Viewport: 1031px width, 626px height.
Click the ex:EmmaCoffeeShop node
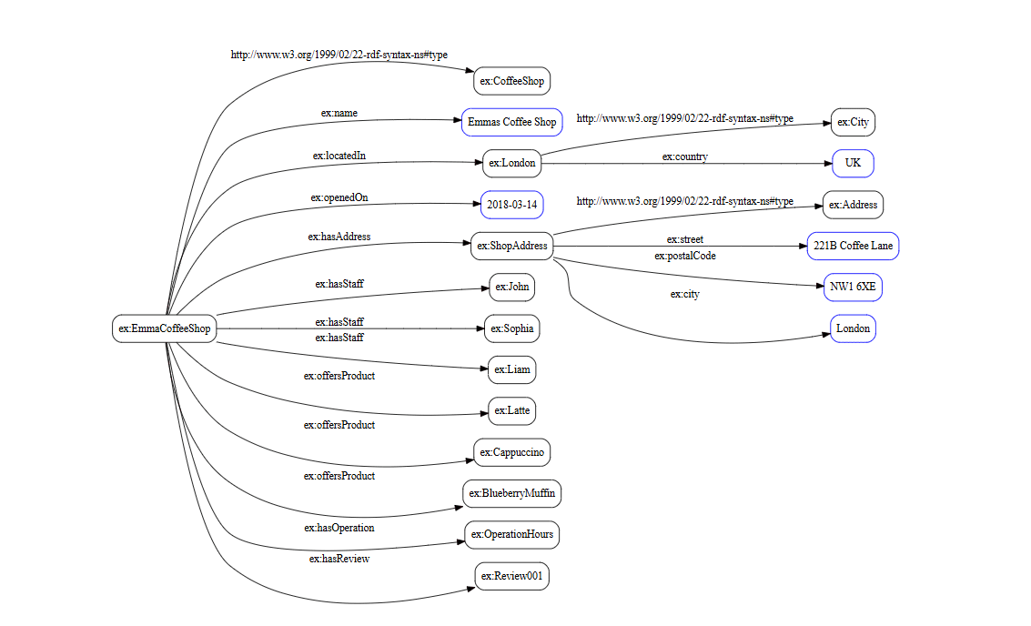click(x=165, y=328)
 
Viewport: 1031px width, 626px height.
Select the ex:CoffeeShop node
click(x=512, y=81)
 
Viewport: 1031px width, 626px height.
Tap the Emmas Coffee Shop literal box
click(x=511, y=122)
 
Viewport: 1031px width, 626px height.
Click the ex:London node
click(x=511, y=164)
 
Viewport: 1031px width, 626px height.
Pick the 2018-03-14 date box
click(x=511, y=205)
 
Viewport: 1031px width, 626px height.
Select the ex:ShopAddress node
click(x=512, y=246)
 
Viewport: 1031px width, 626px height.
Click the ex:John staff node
click(x=511, y=288)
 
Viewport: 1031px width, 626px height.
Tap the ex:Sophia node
click(x=511, y=328)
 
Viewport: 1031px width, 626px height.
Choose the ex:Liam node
click(x=511, y=369)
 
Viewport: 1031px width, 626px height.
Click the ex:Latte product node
click(x=511, y=410)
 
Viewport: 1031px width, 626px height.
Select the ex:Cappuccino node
click(x=512, y=452)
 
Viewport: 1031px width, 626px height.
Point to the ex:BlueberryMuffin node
click(x=511, y=493)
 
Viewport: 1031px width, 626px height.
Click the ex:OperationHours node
click(x=511, y=534)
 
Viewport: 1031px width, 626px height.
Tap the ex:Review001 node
click(x=512, y=576)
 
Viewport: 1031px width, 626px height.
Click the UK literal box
click(x=853, y=164)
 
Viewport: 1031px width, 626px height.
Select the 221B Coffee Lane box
click(x=853, y=246)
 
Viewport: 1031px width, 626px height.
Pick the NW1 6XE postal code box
click(x=853, y=288)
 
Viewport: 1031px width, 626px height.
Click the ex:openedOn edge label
click(x=339, y=197)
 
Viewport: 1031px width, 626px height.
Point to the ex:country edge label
click(x=684, y=156)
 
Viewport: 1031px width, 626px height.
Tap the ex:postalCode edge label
click(x=684, y=256)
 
